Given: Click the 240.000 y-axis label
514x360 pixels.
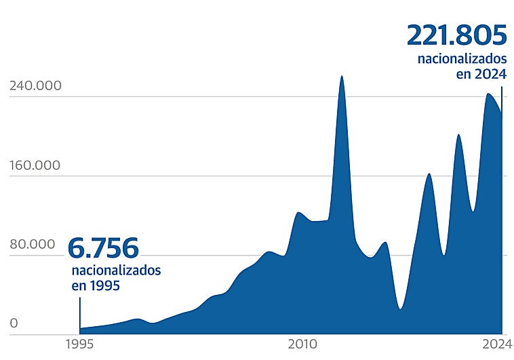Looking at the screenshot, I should point(35,86).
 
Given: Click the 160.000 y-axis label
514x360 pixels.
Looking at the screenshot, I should point(35,165).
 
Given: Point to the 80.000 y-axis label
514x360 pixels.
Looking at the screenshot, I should point(33,245).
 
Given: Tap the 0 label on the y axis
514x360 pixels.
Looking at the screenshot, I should point(14,323).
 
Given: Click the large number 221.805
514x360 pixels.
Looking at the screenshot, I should point(456,35).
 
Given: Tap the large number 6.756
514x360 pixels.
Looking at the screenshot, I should point(103,248).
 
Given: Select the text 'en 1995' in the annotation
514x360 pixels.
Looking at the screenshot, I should point(96,285).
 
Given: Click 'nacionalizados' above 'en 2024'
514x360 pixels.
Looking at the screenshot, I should point(462,59).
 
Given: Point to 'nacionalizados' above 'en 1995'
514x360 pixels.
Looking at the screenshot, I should point(116,270).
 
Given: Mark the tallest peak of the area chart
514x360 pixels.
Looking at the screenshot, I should point(342,77).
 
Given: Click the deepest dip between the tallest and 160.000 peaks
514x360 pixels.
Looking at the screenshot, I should point(400,308).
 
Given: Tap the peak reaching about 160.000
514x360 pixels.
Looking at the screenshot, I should point(429,174).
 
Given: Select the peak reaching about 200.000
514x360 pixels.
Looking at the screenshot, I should point(458,135).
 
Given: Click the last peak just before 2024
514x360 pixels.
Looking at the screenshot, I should point(488,94).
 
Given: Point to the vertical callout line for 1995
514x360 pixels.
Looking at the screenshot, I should point(80,313).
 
